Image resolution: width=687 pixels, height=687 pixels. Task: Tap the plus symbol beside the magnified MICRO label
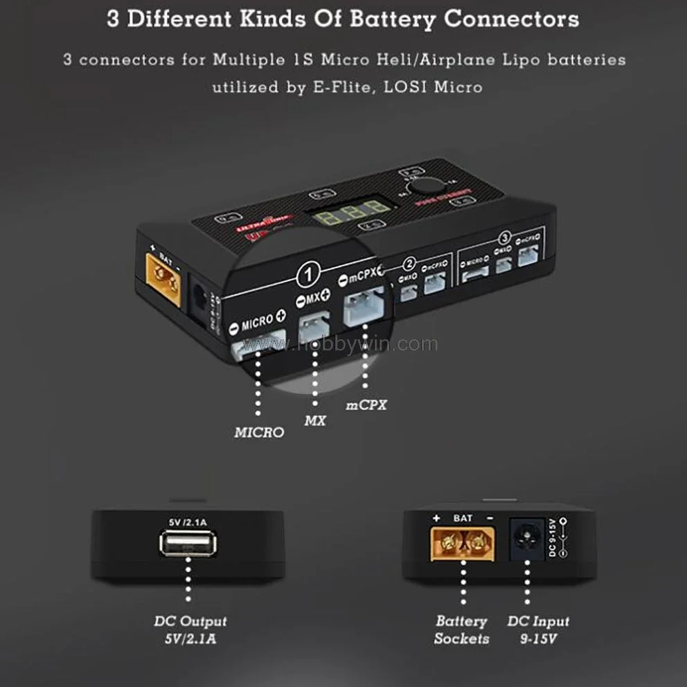[280, 314]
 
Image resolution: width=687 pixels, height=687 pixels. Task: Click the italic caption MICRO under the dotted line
[259, 432]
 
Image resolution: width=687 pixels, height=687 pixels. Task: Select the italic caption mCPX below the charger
[366, 405]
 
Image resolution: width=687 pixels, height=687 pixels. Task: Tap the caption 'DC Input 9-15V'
[538, 630]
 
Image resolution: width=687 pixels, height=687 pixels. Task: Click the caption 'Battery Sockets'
[461, 630]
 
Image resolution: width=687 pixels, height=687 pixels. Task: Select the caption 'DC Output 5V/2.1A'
[190, 630]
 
